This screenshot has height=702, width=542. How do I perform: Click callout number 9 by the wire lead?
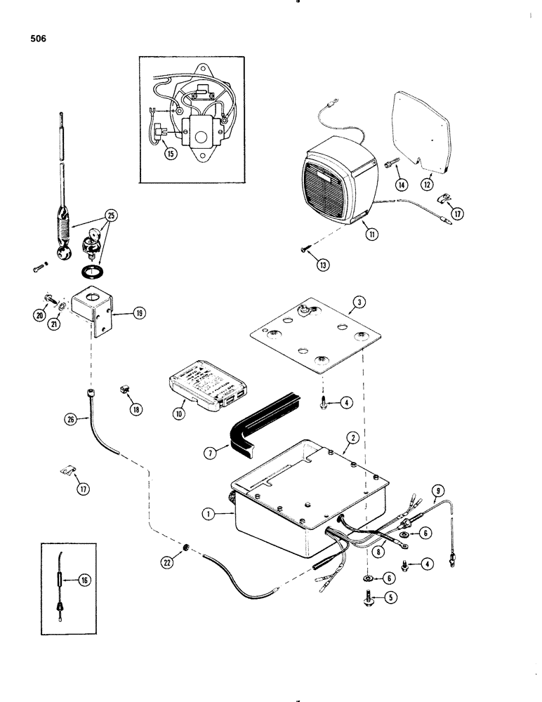(x=439, y=491)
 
